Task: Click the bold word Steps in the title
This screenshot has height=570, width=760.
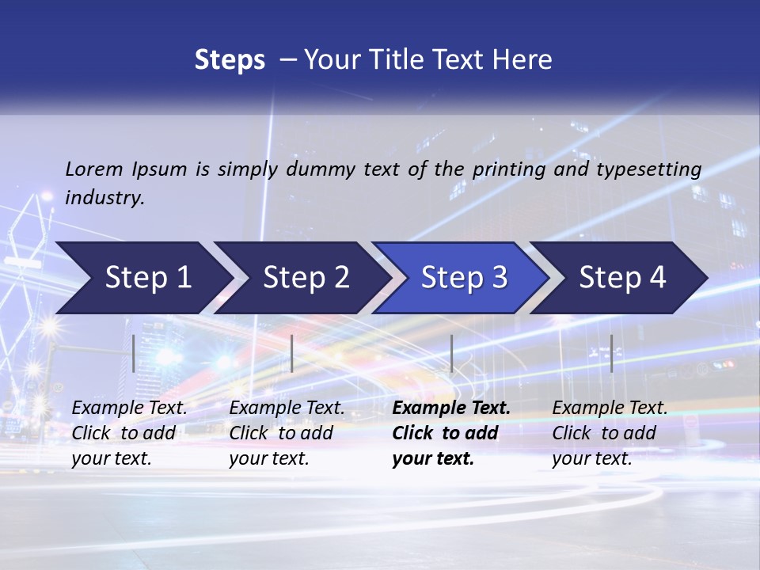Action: click(x=230, y=60)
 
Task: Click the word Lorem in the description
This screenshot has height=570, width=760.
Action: click(x=94, y=169)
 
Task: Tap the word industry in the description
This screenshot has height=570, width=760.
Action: click(x=104, y=198)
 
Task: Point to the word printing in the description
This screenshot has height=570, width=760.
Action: click(x=507, y=169)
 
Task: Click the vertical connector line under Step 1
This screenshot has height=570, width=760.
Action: click(x=134, y=353)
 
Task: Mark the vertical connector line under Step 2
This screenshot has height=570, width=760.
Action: click(x=292, y=353)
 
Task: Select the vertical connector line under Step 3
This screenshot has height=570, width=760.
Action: click(x=451, y=353)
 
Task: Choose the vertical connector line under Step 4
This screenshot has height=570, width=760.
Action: click(x=611, y=353)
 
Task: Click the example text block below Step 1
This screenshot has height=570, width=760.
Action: click(x=129, y=433)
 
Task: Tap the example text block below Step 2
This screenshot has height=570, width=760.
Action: click(x=287, y=433)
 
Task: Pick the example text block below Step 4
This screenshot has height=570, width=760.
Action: click(x=610, y=433)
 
